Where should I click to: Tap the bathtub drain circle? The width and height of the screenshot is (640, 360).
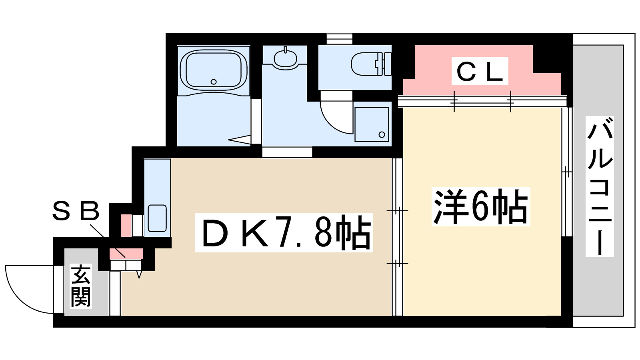[x=214, y=82]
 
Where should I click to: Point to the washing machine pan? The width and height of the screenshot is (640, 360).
[x=372, y=124]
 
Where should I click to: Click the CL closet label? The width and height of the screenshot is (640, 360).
[x=480, y=71]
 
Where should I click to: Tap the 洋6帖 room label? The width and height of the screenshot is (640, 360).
[x=480, y=206]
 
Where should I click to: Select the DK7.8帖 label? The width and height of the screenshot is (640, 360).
[x=284, y=233]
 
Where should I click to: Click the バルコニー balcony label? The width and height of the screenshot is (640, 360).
[x=600, y=186]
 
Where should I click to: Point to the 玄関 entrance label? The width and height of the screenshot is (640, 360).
[x=81, y=286]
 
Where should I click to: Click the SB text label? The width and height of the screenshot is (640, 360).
[x=76, y=212]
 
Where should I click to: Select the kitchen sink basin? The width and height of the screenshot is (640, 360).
[x=157, y=218]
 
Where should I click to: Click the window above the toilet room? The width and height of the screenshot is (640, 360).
[x=339, y=39]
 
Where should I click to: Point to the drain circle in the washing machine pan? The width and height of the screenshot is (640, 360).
[x=382, y=135]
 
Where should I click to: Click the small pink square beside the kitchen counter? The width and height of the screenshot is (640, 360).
[x=126, y=225]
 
